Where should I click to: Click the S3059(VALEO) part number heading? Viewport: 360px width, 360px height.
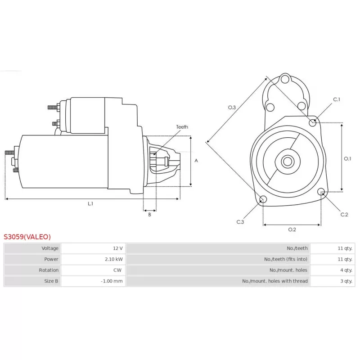pyautogui.click(x=27, y=237)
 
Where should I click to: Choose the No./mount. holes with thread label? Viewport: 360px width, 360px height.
pyautogui.click(x=274, y=281)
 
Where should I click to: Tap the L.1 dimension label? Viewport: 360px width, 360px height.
pyautogui.click(x=90, y=204)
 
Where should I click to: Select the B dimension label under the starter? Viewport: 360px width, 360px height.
pyautogui.click(x=149, y=215)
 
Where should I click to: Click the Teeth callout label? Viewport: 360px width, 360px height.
pyautogui.click(x=182, y=127)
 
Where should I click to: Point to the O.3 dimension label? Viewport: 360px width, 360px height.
pyautogui.click(x=232, y=108)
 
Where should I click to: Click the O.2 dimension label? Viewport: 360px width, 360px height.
pyautogui.click(x=292, y=229)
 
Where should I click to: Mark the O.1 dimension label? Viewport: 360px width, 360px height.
pyautogui.click(x=347, y=159)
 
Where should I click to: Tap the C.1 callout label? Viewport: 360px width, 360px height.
pyautogui.click(x=337, y=99)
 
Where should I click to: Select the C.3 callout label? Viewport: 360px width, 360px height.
pyautogui.click(x=240, y=222)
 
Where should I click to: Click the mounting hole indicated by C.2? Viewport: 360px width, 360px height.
pyautogui.click(x=321, y=192)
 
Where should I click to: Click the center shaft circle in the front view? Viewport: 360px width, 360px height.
pyautogui.click(x=288, y=162)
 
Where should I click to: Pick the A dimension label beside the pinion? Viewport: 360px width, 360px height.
pyautogui.click(x=196, y=161)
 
